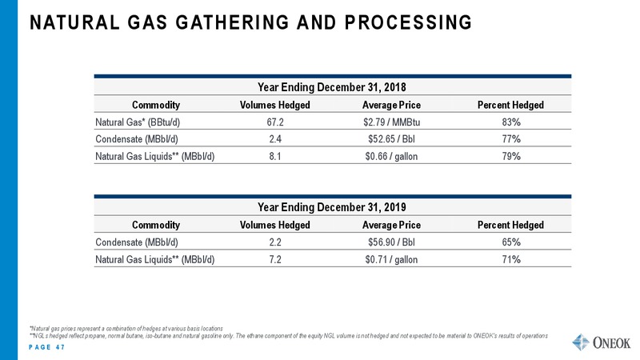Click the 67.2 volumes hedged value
coord(275,122)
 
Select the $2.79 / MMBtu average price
coord(391,122)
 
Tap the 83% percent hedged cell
coord(511,122)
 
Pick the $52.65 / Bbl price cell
coord(391,139)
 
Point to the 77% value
coord(511,139)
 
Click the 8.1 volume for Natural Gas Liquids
coord(275,156)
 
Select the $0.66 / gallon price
coord(391,156)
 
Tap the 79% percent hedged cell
coord(511,156)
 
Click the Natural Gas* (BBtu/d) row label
coord(138,122)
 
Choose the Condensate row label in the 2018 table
coord(137,139)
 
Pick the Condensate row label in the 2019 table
coord(137,242)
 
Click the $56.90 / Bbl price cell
coord(391,242)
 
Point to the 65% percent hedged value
coord(511,242)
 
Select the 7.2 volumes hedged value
coord(275,259)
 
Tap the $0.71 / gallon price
coord(391,259)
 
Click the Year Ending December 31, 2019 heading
coord(332,207)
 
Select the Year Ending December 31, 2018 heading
coord(332,87)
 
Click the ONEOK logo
coord(602,342)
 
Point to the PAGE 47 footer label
coord(47,347)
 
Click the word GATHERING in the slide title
coord(232,22)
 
